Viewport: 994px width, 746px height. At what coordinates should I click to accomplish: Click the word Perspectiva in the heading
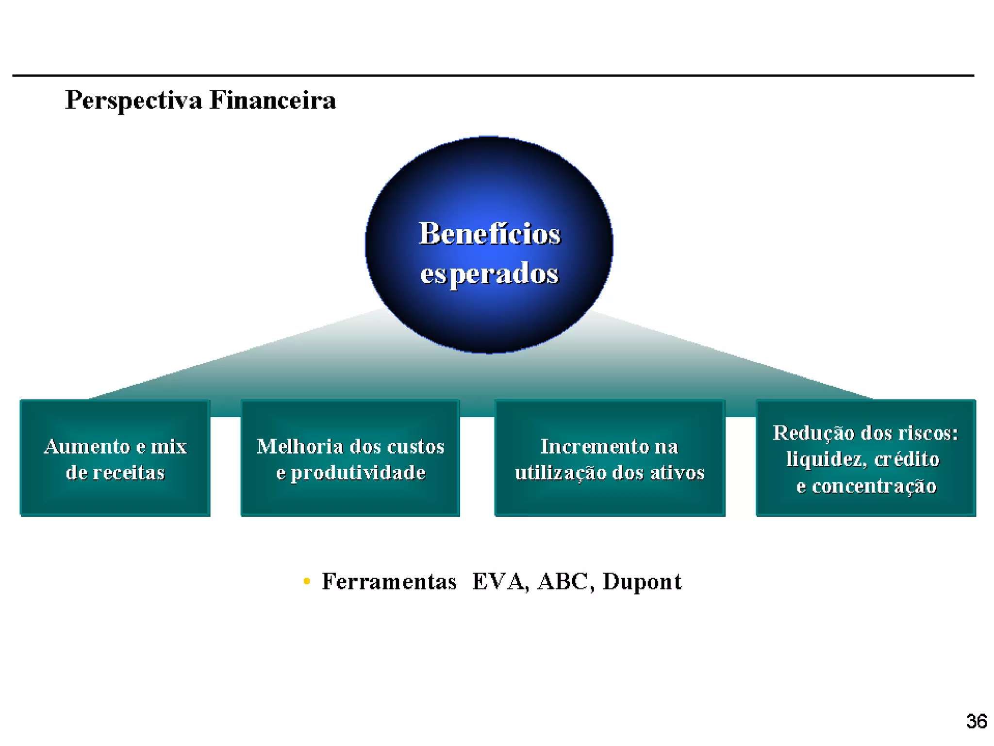pyautogui.click(x=133, y=101)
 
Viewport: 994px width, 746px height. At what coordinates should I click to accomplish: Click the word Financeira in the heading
pyautogui.click(x=272, y=101)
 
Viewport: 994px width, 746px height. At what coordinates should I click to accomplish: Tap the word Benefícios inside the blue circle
pyautogui.click(x=489, y=234)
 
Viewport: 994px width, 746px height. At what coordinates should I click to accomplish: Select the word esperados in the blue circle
pyautogui.click(x=489, y=273)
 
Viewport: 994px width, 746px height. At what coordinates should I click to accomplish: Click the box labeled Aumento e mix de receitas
pyautogui.click(x=115, y=458)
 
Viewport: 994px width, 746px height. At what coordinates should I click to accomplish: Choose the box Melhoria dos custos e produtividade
pyautogui.click(x=350, y=458)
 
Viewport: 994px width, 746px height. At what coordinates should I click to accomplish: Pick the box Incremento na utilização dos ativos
pyautogui.click(x=610, y=458)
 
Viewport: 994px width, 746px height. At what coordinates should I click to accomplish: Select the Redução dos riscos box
pyautogui.click(x=866, y=458)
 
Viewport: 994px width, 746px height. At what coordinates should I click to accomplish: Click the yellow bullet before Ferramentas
pyautogui.click(x=306, y=581)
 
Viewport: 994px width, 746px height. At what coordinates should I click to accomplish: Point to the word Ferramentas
pyautogui.click(x=389, y=581)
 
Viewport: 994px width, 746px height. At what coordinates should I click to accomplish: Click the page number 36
pyautogui.click(x=976, y=721)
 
